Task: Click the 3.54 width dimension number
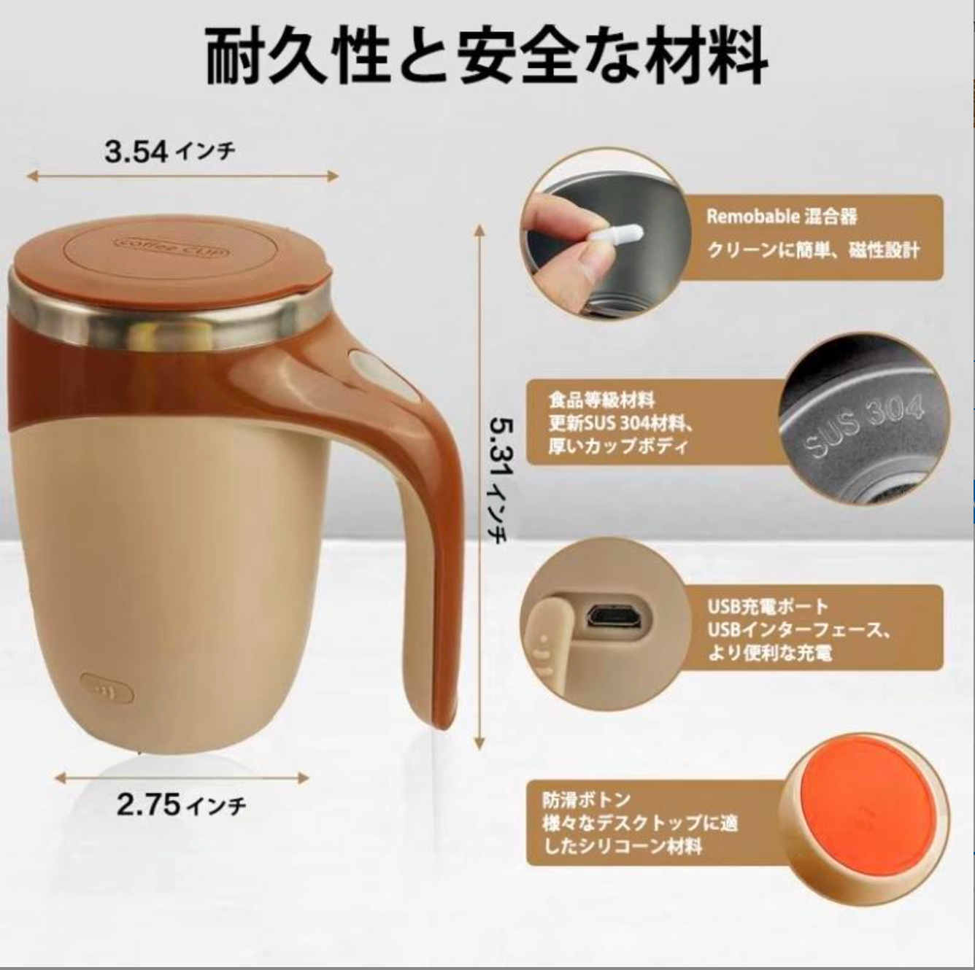[136, 152]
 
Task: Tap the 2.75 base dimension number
[148, 804]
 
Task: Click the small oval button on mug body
[107, 687]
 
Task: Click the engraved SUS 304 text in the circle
[864, 427]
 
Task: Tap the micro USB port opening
[614, 618]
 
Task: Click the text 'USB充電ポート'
[768, 606]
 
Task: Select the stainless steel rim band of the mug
[168, 320]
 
